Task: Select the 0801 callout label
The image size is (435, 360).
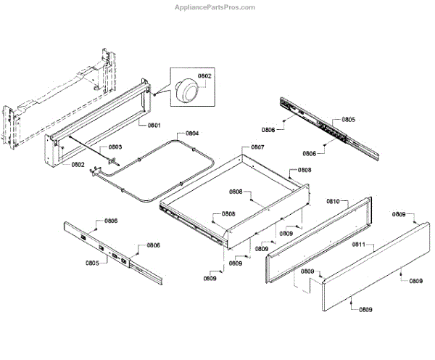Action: (x=154, y=126)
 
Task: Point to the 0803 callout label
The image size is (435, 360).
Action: (x=115, y=147)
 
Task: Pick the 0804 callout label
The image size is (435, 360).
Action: (x=191, y=134)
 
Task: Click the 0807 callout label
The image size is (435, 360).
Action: (x=257, y=147)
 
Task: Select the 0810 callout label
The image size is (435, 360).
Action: (x=333, y=200)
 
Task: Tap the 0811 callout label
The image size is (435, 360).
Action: (x=358, y=245)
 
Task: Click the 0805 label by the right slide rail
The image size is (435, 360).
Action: (x=348, y=119)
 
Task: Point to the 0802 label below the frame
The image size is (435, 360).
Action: (x=78, y=165)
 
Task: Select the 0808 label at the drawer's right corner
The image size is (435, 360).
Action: (x=304, y=170)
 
